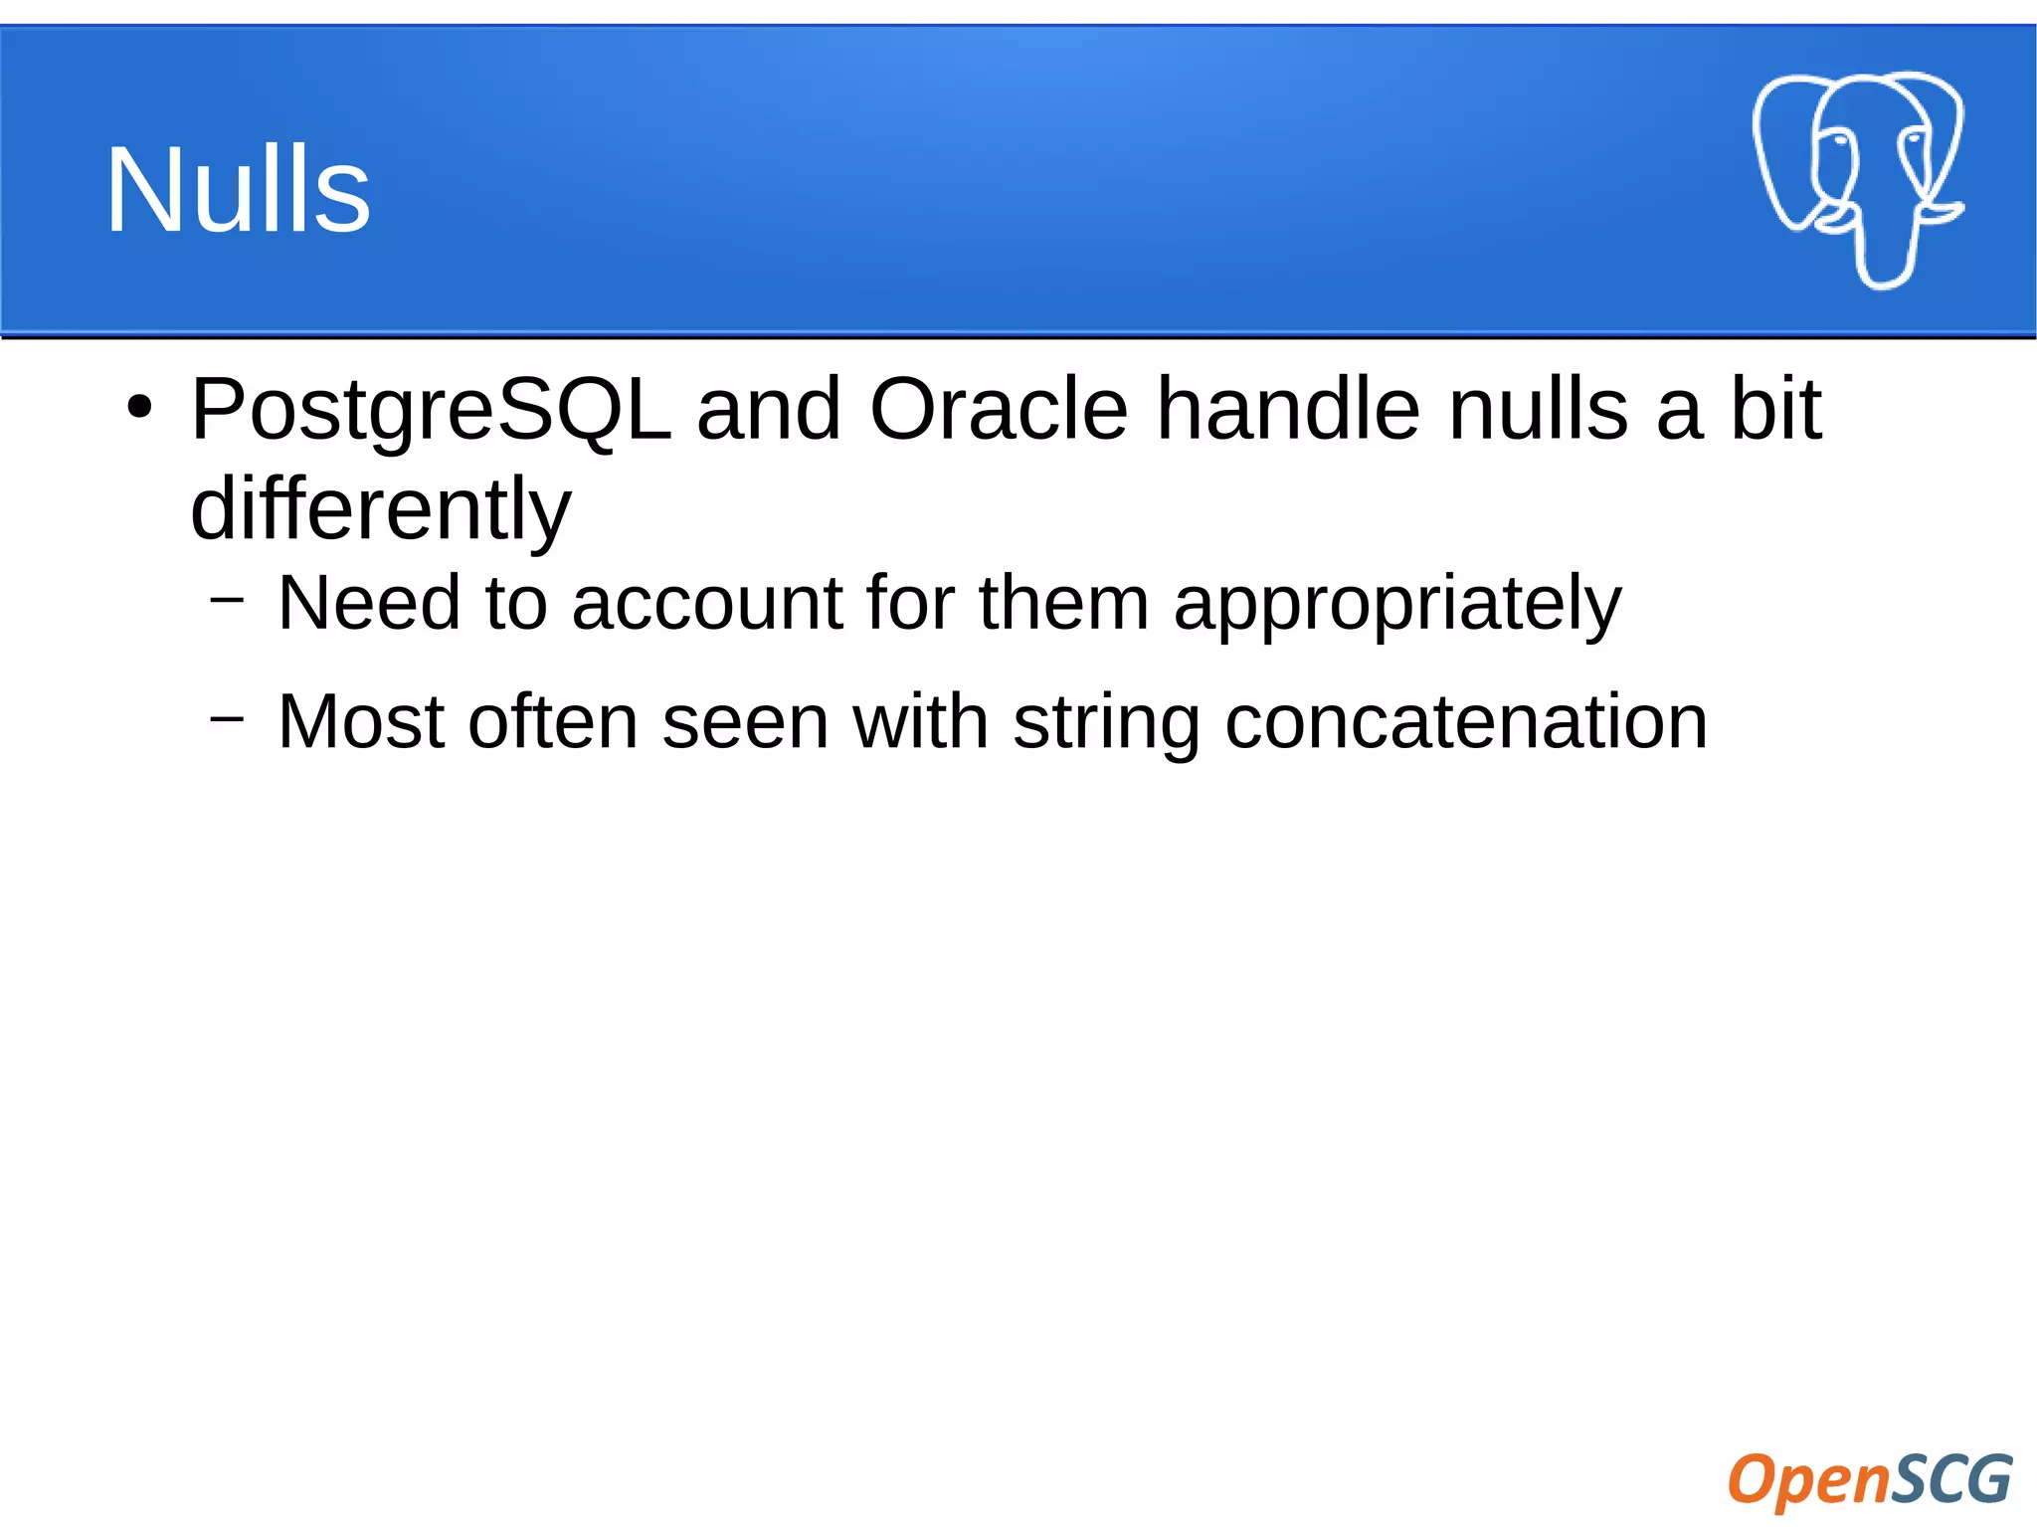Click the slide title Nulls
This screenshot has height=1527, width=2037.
point(238,189)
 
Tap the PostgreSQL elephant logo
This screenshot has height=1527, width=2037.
point(1856,179)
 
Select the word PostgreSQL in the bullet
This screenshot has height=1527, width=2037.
point(430,410)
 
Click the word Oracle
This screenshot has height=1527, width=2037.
point(998,410)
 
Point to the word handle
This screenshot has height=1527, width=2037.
point(1287,410)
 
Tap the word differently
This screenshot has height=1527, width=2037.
point(380,509)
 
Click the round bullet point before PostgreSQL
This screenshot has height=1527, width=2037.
point(139,408)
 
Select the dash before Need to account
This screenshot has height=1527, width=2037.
point(227,599)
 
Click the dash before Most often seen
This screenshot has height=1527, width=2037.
point(227,717)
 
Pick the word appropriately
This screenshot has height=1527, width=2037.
point(1396,605)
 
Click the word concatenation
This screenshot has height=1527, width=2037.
point(1465,721)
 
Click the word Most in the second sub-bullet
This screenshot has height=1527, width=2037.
point(360,721)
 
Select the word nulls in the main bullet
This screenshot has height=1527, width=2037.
point(1538,410)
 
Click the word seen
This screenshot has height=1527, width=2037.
point(745,721)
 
